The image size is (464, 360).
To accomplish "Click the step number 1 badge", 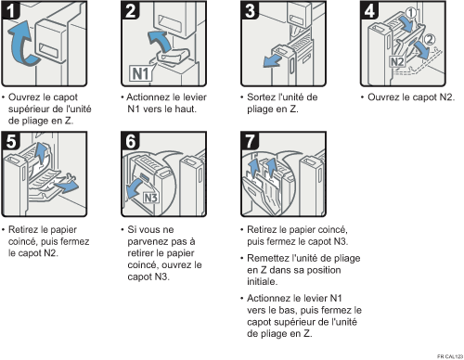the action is pyautogui.click(x=10, y=9).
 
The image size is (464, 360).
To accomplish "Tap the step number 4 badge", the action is pyautogui.click(x=369, y=9).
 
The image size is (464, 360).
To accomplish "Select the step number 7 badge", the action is pyautogui.click(x=250, y=141).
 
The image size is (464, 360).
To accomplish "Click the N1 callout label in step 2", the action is pyautogui.click(x=141, y=73).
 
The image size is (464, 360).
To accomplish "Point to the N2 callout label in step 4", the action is pyautogui.click(x=397, y=61).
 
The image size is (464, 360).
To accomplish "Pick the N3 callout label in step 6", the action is pyautogui.click(x=151, y=198).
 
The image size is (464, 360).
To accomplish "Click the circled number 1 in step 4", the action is pyautogui.click(x=410, y=13).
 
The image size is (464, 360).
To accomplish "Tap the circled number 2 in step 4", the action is pyautogui.click(x=429, y=39).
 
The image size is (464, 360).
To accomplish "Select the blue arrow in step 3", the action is pyautogui.click(x=272, y=61).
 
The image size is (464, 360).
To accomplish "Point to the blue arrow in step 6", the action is pyautogui.click(x=136, y=187).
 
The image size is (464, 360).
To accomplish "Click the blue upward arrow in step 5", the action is pyautogui.click(x=41, y=152).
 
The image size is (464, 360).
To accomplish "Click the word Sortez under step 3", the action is pyautogui.click(x=259, y=97).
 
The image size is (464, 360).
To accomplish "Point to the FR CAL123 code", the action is pyautogui.click(x=450, y=356).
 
